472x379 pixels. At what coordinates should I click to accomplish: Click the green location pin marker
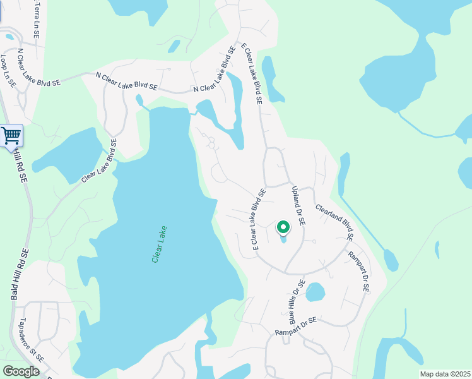coord(283,227)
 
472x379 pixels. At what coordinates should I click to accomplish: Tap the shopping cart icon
coord(11,135)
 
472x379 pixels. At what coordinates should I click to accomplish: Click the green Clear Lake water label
coord(158,244)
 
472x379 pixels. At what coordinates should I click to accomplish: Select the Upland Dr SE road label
coord(298,206)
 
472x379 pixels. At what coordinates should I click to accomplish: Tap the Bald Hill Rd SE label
coord(19,274)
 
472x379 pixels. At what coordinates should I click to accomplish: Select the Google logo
coord(21,371)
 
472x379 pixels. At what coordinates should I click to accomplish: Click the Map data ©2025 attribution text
coord(445,374)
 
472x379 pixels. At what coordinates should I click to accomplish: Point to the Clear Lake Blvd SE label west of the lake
coord(100,162)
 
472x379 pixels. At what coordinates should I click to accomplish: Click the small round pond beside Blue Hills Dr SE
coord(315,292)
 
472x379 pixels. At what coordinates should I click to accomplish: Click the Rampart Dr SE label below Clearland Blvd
coord(358,272)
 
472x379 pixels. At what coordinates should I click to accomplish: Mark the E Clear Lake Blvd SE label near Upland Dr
coord(259,219)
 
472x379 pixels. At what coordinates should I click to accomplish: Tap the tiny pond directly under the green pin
coord(283,239)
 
